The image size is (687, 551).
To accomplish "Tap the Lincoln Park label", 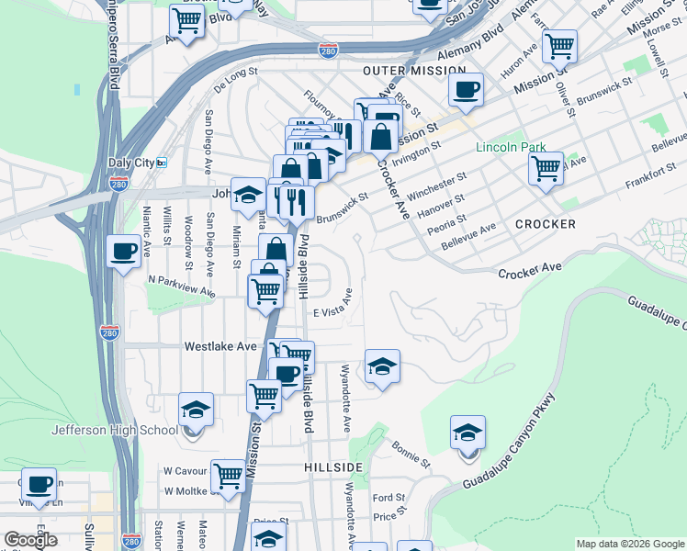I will (x=511, y=148).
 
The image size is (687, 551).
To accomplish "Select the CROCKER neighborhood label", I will (x=545, y=224).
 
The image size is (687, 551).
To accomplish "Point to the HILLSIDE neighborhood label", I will (x=333, y=467).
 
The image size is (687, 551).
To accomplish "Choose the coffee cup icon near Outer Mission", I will (x=466, y=91).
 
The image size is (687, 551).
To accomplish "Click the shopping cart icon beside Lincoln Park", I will (x=546, y=169).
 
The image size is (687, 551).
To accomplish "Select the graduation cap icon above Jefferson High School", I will (x=196, y=410).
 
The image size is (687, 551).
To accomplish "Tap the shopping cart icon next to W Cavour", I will (x=228, y=478).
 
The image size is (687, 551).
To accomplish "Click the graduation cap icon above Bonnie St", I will (x=467, y=433).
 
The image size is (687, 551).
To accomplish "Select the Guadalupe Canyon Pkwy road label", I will (x=510, y=443).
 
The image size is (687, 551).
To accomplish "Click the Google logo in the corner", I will (x=30, y=540).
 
